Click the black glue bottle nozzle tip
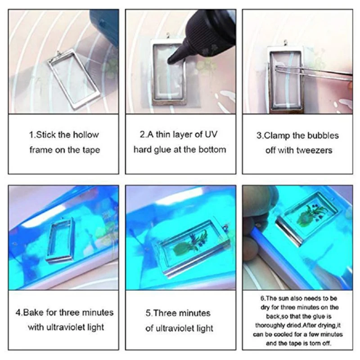[x=171, y=59]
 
